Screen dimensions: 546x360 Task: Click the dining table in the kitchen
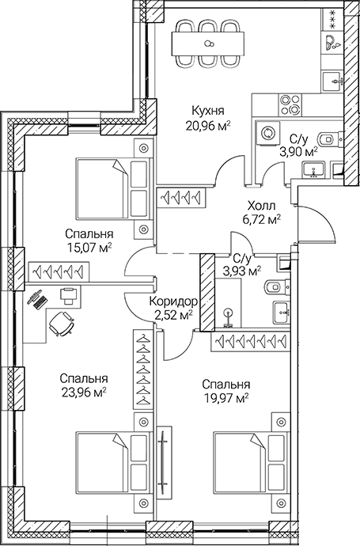tap(210, 44)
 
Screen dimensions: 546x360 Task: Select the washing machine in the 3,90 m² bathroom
tap(267, 132)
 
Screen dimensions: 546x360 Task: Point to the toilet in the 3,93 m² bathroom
tap(271, 286)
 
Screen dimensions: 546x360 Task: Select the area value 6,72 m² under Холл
tap(260, 219)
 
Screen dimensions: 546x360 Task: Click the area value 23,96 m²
tap(83, 392)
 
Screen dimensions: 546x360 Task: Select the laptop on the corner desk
tap(38, 300)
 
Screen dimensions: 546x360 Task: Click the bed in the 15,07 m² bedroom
tap(112, 188)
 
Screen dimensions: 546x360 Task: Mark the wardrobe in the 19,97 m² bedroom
tap(246, 341)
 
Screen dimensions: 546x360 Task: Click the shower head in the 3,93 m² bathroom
tap(229, 313)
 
